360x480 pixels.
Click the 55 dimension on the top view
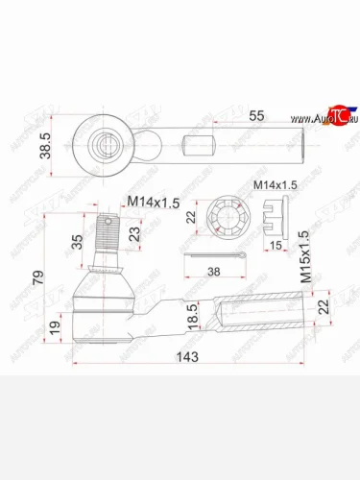click(x=256, y=115)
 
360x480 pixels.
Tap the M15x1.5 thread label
click(x=305, y=254)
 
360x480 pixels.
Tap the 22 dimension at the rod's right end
click(x=324, y=305)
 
